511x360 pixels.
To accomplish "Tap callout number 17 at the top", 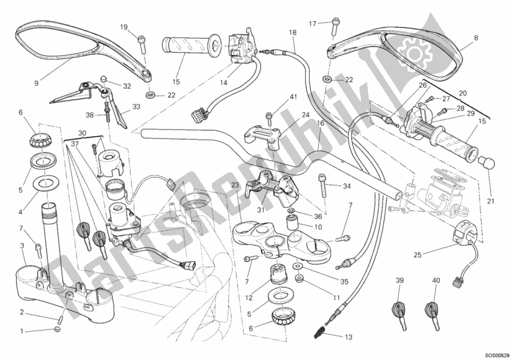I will pos(312,24).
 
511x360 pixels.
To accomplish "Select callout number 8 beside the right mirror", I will pos(476,38).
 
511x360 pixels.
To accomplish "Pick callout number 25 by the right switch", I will pos(416,255).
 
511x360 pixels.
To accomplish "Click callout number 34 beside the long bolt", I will pos(347,186).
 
